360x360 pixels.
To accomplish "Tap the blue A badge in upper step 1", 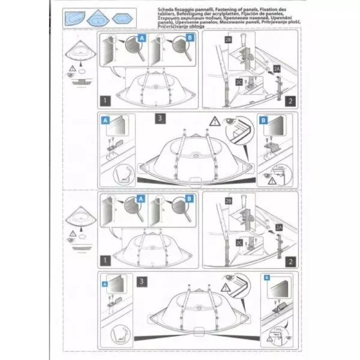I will pos(142,37).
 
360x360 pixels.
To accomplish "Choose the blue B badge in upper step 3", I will pos(262,119).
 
